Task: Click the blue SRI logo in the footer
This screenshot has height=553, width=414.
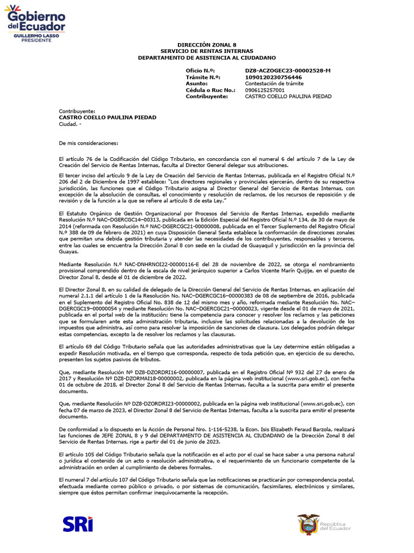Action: pos(78,524)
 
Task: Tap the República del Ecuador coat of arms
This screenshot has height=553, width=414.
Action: pos(308,525)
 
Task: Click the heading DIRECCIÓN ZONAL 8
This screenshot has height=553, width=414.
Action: pos(206,45)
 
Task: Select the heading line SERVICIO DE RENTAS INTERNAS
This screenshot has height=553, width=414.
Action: pos(206,51)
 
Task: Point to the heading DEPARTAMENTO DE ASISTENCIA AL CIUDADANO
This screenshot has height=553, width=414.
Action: pos(206,57)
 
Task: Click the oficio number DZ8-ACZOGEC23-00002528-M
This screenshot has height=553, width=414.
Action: pos(288,71)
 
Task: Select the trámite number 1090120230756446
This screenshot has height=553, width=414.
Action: pos(273,77)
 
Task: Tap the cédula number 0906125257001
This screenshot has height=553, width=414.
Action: pos(265,90)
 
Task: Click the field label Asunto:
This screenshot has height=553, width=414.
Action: pos(196,84)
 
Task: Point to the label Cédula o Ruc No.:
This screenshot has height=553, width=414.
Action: pos(210,90)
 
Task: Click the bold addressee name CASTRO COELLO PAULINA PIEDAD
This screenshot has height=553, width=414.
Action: pos(107,117)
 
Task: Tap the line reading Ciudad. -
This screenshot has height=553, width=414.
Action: pos(71,124)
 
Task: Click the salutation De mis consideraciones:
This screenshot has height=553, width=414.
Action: pos(87,143)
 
